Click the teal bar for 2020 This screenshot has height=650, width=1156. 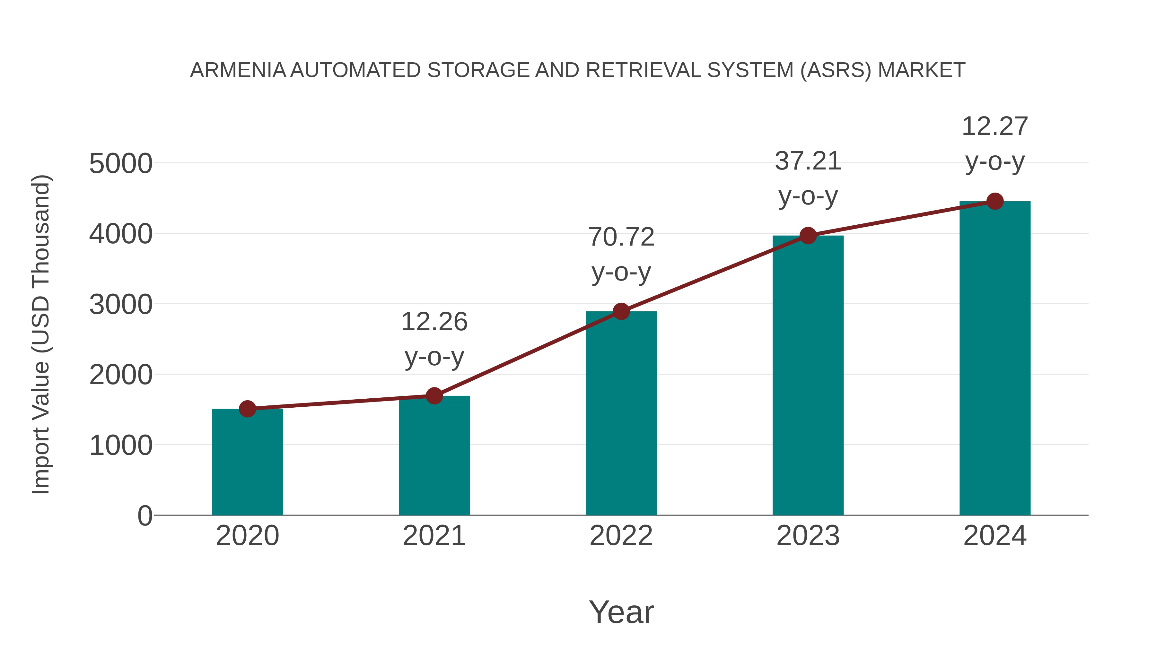pyautogui.click(x=247, y=462)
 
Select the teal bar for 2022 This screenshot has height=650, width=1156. pyautogui.click(x=621, y=413)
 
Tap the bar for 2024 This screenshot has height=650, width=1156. pyautogui.click(x=995, y=359)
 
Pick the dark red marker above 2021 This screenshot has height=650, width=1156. pyautogui.click(x=434, y=396)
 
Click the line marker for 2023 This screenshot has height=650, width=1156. pyautogui.click(x=808, y=236)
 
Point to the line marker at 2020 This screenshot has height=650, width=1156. pyautogui.click(x=247, y=409)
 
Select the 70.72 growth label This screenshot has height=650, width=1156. pyautogui.click(x=621, y=237)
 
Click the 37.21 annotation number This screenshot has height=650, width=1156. pyautogui.click(x=808, y=161)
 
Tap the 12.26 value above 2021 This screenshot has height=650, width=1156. pyautogui.click(x=434, y=322)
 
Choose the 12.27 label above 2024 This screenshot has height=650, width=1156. pyautogui.click(x=995, y=126)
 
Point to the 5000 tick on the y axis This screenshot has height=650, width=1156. pyautogui.click(x=121, y=164)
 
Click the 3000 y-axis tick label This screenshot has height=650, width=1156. pyautogui.click(x=121, y=305)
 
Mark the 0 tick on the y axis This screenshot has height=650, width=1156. pyautogui.click(x=145, y=516)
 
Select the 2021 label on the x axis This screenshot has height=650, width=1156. pyautogui.click(x=434, y=536)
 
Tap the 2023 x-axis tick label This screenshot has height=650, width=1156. pyautogui.click(x=808, y=536)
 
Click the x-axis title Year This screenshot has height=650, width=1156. pyautogui.click(x=621, y=612)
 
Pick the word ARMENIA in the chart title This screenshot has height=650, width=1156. pyautogui.click(x=238, y=70)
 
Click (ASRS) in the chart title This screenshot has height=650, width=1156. pyautogui.click(x=836, y=70)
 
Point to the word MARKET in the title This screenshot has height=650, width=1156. pyautogui.click(x=921, y=70)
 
